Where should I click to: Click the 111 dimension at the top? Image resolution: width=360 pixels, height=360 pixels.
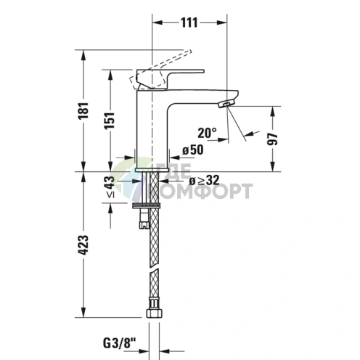[x=188, y=22]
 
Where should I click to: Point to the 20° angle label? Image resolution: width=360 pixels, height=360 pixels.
[x=206, y=133]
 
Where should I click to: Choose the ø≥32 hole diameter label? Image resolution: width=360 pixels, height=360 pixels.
[x=205, y=180]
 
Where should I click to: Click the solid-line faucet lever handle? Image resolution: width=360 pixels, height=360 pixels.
[x=171, y=73]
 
